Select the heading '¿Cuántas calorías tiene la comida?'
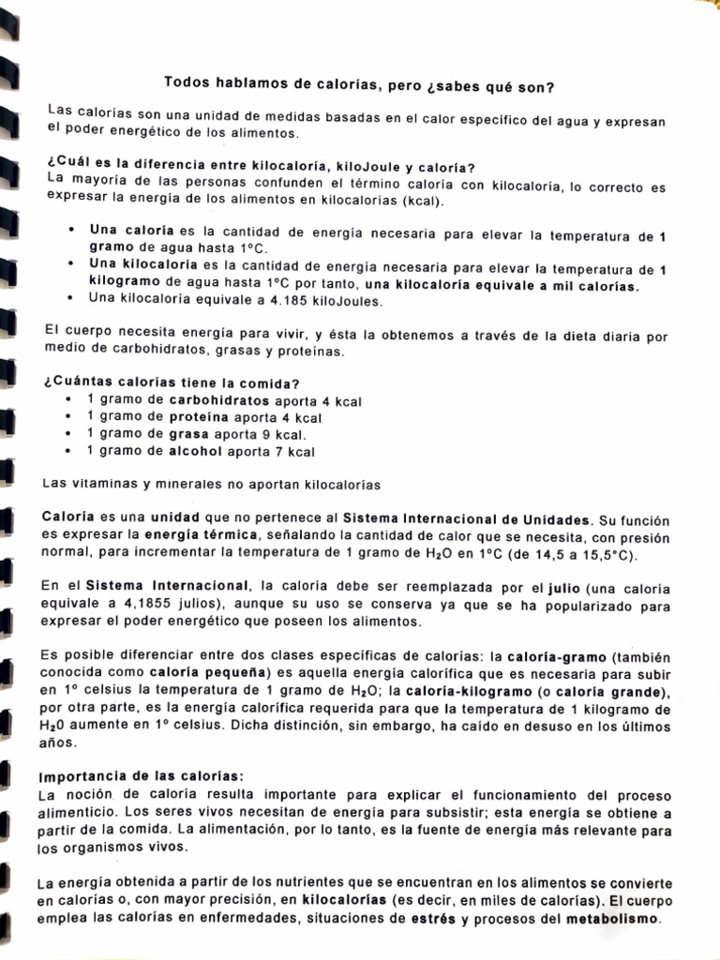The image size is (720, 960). (x=172, y=383)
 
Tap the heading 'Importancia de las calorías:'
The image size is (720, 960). (x=141, y=777)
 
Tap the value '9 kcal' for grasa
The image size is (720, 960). (x=287, y=436)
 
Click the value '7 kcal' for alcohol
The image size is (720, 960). (x=296, y=453)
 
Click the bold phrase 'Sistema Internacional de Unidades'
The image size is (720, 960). (x=468, y=519)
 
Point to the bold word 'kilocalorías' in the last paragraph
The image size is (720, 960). (x=344, y=902)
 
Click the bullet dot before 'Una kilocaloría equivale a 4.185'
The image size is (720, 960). (x=71, y=299)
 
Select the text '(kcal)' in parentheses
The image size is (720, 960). (x=424, y=202)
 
